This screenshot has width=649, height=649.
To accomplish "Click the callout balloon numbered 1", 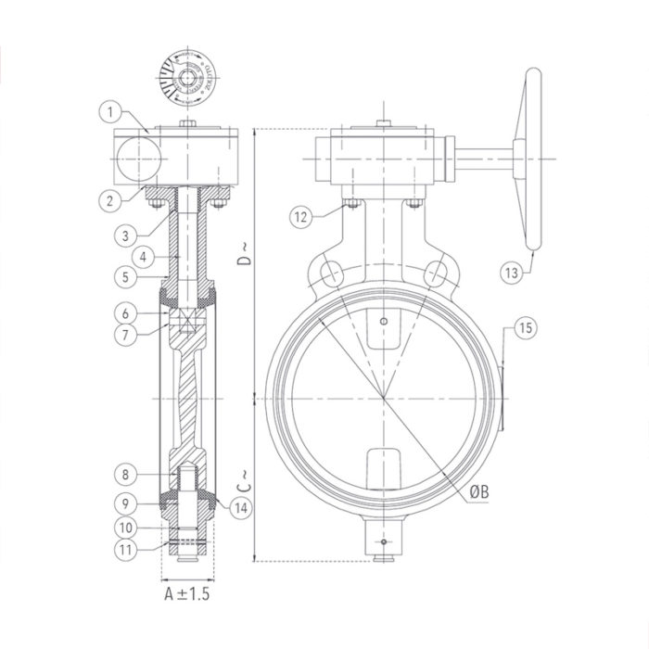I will [109, 113].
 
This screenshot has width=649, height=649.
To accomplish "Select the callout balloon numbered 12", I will [299, 218].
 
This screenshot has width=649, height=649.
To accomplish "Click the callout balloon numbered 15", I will [525, 328].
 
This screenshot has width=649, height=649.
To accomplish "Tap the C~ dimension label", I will [244, 481].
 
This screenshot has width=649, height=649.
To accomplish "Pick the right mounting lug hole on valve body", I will [437, 273].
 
